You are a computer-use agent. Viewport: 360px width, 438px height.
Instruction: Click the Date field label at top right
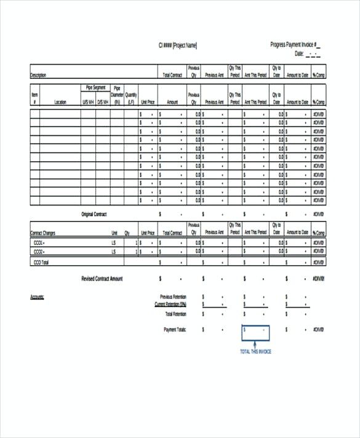point(300,54)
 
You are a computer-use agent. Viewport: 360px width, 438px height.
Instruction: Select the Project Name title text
point(178,45)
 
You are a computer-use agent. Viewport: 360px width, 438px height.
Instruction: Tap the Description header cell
point(38,75)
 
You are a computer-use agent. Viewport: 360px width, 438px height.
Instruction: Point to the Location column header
point(60,102)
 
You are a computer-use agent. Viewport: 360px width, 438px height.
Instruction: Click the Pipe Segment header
point(95,88)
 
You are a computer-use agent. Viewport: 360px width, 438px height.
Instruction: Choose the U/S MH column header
point(88,102)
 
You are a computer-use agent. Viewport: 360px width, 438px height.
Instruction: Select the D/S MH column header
point(102,102)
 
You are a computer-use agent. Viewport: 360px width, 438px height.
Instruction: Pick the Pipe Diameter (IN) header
point(117,95)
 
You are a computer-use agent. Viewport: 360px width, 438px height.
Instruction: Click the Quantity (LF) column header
point(131,98)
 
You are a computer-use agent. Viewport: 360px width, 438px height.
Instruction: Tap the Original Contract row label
point(95,214)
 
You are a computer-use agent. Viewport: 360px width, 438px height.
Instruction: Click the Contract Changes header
point(42,233)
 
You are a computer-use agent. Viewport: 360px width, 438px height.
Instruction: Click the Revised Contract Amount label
point(102,279)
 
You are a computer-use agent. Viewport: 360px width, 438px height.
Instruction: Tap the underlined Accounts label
point(37,297)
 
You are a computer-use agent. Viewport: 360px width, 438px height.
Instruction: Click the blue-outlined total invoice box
point(255,332)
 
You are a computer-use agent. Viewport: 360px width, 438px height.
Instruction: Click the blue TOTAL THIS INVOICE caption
point(255,352)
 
